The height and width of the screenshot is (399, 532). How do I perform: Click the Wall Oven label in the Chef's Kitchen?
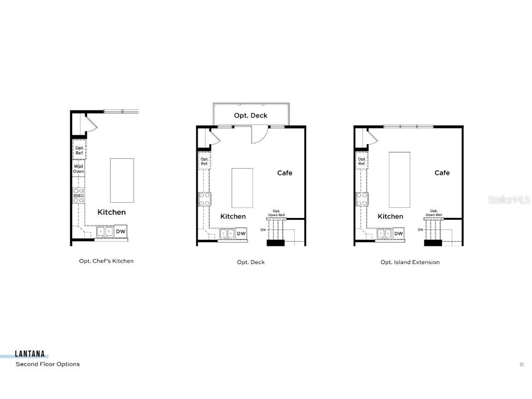(79, 169)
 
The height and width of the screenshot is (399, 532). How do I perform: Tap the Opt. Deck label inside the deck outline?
(251, 115)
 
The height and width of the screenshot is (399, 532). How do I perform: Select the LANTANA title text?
(30, 354)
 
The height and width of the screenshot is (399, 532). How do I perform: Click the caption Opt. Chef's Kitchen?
(106, 261)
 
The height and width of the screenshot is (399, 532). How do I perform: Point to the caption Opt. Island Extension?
(410, 262)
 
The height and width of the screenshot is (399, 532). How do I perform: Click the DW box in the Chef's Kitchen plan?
(121, 231)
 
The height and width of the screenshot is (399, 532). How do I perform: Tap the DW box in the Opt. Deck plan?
(241, 234)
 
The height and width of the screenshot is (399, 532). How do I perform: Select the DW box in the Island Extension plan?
(399, 234)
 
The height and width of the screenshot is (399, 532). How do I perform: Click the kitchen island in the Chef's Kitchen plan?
(122, 180)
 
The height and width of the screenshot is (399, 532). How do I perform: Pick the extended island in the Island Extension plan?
(399, 180)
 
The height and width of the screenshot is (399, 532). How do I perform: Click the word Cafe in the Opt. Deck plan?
(285, 173)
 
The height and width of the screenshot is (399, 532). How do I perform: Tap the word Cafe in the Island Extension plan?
(442, 173)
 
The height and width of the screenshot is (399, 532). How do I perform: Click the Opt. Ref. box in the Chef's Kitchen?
(79, 150)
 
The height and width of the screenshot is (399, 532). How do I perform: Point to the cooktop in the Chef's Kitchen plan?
(79, 195)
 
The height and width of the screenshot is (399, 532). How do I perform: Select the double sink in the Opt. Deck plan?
(227, 234)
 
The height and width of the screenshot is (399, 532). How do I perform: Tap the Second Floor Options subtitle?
(48, 364)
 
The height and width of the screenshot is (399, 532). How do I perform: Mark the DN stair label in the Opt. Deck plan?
(263, 230)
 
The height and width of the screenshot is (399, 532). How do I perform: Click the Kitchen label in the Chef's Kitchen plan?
(111, 212)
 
